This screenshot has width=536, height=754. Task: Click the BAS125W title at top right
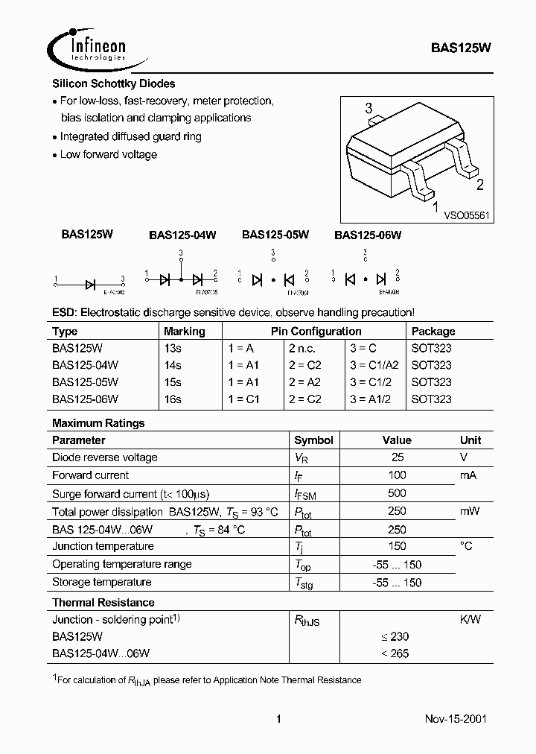point(460,46)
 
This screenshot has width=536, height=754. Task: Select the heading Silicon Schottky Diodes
point(113,84)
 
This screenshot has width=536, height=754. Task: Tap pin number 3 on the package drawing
point(368,109)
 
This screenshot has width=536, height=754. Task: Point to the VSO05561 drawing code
point(466,214)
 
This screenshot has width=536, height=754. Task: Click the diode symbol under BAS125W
point(90,283)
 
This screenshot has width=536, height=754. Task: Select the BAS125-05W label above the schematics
point(275,235)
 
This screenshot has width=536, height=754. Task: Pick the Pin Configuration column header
point(316,332)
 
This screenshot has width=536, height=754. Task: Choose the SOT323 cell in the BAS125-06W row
point(431,399)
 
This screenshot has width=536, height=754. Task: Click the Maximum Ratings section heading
point(98,423)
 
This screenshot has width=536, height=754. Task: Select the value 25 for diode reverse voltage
point(397,457)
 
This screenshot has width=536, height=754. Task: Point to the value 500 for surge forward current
point(397,493)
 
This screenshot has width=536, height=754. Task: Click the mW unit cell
point(470,511)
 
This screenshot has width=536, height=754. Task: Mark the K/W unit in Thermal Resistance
point(470,619)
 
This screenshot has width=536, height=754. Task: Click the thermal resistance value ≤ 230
point(395,637)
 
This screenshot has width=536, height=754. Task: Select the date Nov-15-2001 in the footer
point(456,720)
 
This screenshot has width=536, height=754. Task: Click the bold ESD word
point(64,313)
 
